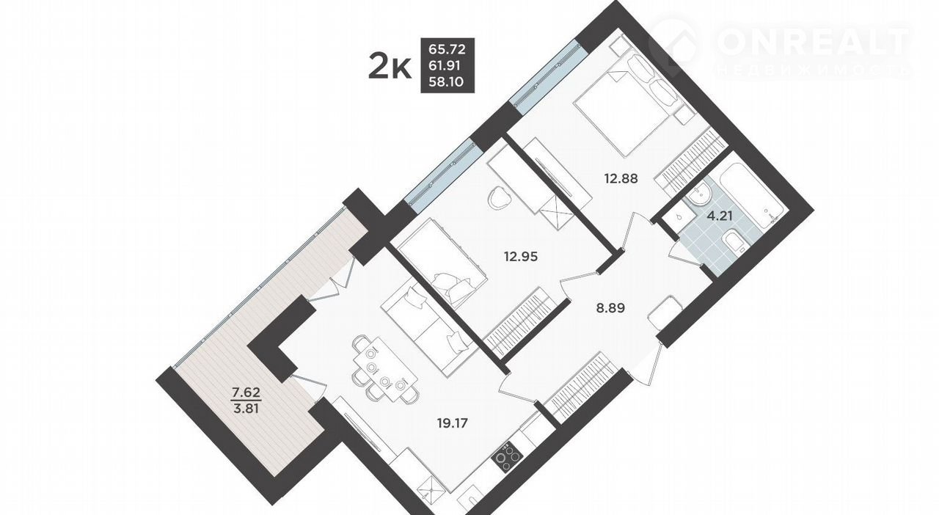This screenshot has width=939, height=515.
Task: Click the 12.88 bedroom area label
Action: [x=621, y=179]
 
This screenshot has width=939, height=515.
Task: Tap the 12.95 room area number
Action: [x=520, y=256]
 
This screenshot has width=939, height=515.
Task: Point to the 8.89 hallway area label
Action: [x=610, y=309]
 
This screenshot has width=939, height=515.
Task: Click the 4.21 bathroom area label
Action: [x=720, y=216]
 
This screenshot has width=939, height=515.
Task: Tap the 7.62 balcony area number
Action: [x=246, y=392]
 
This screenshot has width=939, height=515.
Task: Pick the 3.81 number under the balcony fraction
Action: [x=246, y=408]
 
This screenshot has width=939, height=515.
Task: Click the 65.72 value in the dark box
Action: [x=447, y=49]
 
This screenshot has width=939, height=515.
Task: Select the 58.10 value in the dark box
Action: [x=446, y=81]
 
